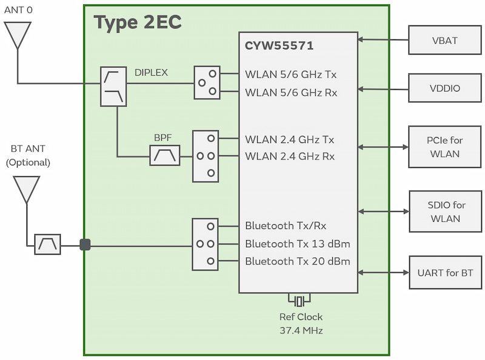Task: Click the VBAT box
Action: [x=445, y=41]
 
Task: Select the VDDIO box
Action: [x=445, y=88]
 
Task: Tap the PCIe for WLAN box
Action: [x=445, y=147]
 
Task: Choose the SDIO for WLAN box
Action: [x=445, y=212]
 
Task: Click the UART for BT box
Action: [x=445, y=273]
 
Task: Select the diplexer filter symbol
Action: [x=113, y=87]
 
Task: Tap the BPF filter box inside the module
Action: [x=165, y=156]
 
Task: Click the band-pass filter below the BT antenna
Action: [x=47, y=244]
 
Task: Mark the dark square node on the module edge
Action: [x=85, y=244]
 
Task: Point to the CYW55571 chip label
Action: [x=279, y=46]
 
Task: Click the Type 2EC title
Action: [x=138, y=23]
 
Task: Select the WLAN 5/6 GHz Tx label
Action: [x=290, y=75]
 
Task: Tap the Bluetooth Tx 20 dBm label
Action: [x=298, y=261]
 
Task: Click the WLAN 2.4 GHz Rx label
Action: [x=290, y=156]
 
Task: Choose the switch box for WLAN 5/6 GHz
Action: [x=207, y=82]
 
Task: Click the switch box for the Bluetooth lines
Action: [x=206, y=244]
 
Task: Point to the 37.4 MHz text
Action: [x=301, y=330]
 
